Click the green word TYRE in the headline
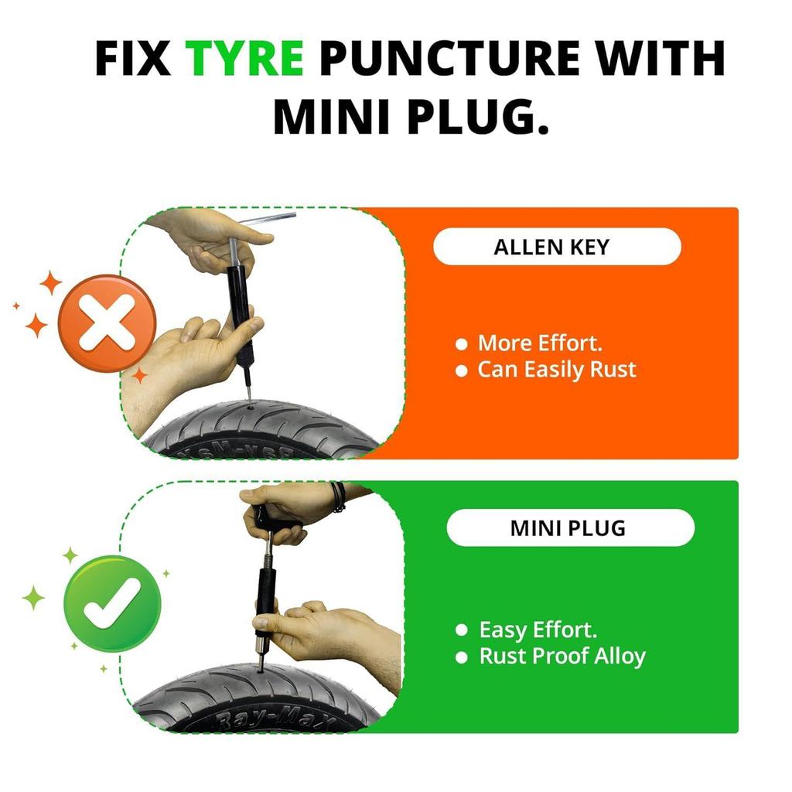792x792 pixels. [x=244, y=59]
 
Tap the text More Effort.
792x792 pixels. [x=539, y=343]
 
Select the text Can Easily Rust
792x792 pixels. [x=556, y=370]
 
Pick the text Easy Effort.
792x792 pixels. [x=538, y=630]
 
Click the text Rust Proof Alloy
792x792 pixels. [x=562, y=657]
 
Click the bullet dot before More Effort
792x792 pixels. [x=463, y=344]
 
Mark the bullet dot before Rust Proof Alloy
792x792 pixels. [x=463, y=658]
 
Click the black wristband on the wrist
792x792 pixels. [x=337, y=497]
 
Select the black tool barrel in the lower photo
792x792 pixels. [x=265, y=596]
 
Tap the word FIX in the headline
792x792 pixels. [x=132, y=59]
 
